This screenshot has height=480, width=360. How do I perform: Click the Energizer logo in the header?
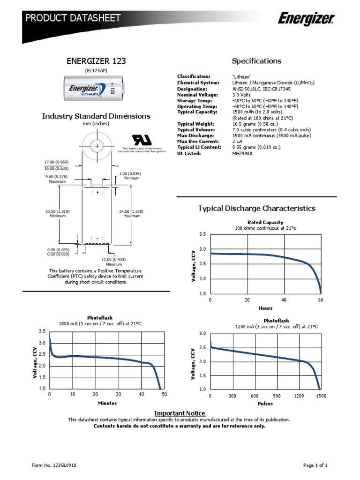click(306, 19)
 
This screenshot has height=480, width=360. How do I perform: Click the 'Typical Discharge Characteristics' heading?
click(256, 208)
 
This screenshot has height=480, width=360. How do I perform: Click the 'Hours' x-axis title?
click(265, 308)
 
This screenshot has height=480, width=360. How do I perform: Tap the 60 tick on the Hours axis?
click(321, 300)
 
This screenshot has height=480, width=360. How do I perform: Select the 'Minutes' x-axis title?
click(107, 403)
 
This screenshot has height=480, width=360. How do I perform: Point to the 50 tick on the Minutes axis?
click(164, 395)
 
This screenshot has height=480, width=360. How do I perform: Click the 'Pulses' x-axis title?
click(265, 403)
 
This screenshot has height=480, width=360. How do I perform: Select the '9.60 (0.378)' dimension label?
click(57, 177)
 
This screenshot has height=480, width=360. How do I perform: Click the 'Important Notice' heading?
click(180, 413)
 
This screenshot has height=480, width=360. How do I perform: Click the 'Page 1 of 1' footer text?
click(315, 465)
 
